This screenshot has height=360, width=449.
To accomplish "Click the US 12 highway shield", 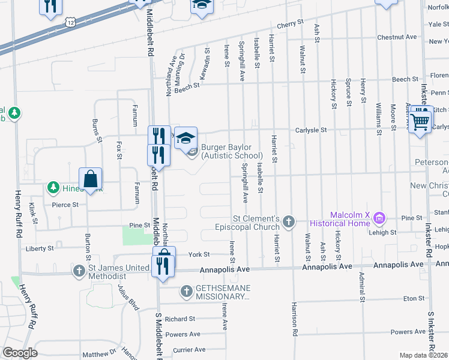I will (x=71, y=22).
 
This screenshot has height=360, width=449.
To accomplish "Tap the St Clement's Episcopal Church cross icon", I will (x=289, y=222).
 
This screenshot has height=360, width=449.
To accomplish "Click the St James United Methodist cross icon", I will (x=79, y=271).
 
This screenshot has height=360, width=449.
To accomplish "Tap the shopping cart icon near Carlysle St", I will (x=421, y=122).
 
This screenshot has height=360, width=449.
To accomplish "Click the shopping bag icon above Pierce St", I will (x=90, y=179).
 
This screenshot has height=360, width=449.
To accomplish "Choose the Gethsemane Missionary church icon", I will (x=185, y=292).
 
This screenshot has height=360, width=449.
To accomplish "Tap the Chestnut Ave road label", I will (x=397, y=37).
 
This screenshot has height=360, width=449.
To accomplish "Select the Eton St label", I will (x=414, y=298).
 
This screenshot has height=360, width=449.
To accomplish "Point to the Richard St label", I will (x=179, y=319).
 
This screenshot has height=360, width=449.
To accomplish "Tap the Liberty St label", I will (x=40, y=248).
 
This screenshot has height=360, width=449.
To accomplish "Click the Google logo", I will (x=20, y=353).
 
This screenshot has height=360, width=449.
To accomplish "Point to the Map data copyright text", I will (x=424, y=355).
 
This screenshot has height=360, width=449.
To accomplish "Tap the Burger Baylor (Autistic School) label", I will (x=232, y=151).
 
